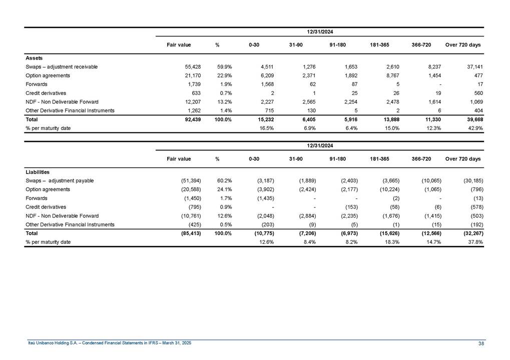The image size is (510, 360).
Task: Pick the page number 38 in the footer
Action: pos(481,343)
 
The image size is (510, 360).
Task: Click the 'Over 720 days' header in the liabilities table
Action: pos(462,159)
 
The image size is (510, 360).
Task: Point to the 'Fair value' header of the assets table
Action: pos(179,45)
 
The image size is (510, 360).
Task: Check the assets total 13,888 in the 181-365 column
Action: pos(389,119)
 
